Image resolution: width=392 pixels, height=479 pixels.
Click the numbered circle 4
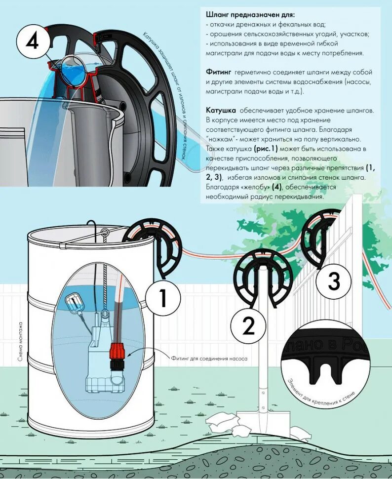[x=32, y=42]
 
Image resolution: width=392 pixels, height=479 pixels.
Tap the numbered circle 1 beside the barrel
[x=163, y=298]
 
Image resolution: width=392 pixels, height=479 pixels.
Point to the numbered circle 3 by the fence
[x=334, y=281]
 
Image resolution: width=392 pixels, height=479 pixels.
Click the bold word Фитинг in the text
[x=218, y=73]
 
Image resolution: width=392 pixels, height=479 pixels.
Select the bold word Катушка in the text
[x=221, y=110]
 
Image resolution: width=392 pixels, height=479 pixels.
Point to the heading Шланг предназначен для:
[x=250, y=15]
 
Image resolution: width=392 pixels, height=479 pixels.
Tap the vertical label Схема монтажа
[x=20, y=342]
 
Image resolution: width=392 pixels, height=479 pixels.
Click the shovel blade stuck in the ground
[x=263, y=422]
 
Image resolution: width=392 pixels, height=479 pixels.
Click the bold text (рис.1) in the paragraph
[x=266, y=149]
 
